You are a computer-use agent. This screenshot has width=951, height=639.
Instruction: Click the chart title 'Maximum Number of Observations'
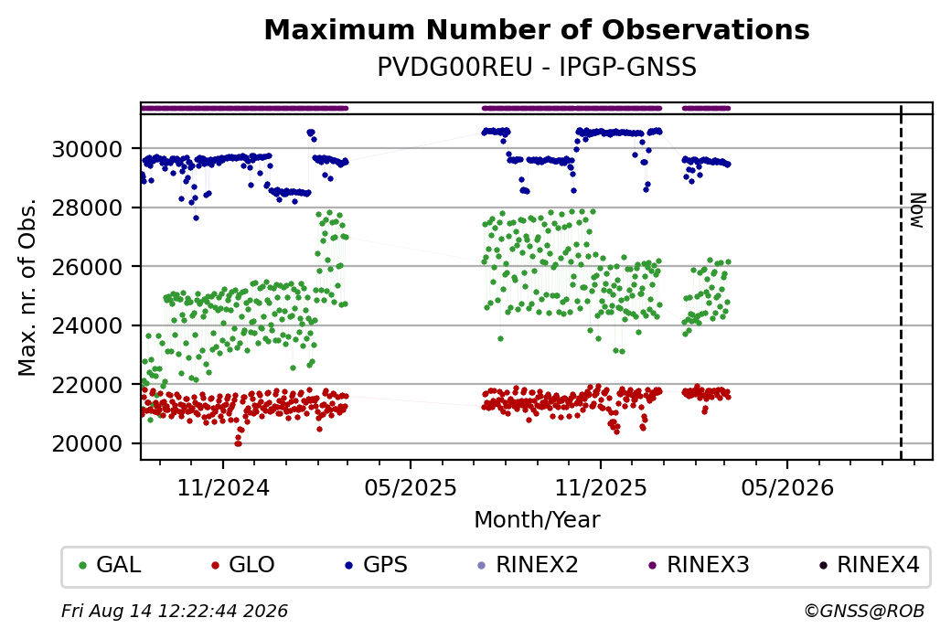coord(537,29)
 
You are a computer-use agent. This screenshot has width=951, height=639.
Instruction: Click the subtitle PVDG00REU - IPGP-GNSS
coord(537,67)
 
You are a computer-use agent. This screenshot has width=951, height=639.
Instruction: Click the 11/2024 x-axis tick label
coord(223,487)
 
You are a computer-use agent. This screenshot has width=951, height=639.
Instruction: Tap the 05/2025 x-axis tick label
coord(411,487)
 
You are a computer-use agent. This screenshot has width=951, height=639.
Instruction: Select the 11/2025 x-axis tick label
coord(601,487)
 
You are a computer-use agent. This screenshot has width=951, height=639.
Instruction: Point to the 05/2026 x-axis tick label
coord(787,487)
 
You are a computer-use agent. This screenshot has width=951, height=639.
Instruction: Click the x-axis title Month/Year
coord(537,519)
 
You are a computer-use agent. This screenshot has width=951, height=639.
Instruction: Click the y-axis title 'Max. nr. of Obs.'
coord(27,287)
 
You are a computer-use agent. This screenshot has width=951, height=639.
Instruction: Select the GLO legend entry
coord(243,565)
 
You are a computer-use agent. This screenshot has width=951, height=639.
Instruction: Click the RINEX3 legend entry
coord(700,565)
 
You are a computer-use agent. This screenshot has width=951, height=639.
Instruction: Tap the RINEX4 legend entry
coord(870,565)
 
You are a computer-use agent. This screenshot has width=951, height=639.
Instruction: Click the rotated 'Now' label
coord(918,210)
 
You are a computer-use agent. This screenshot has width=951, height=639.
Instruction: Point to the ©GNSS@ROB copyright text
coord(864,611)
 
